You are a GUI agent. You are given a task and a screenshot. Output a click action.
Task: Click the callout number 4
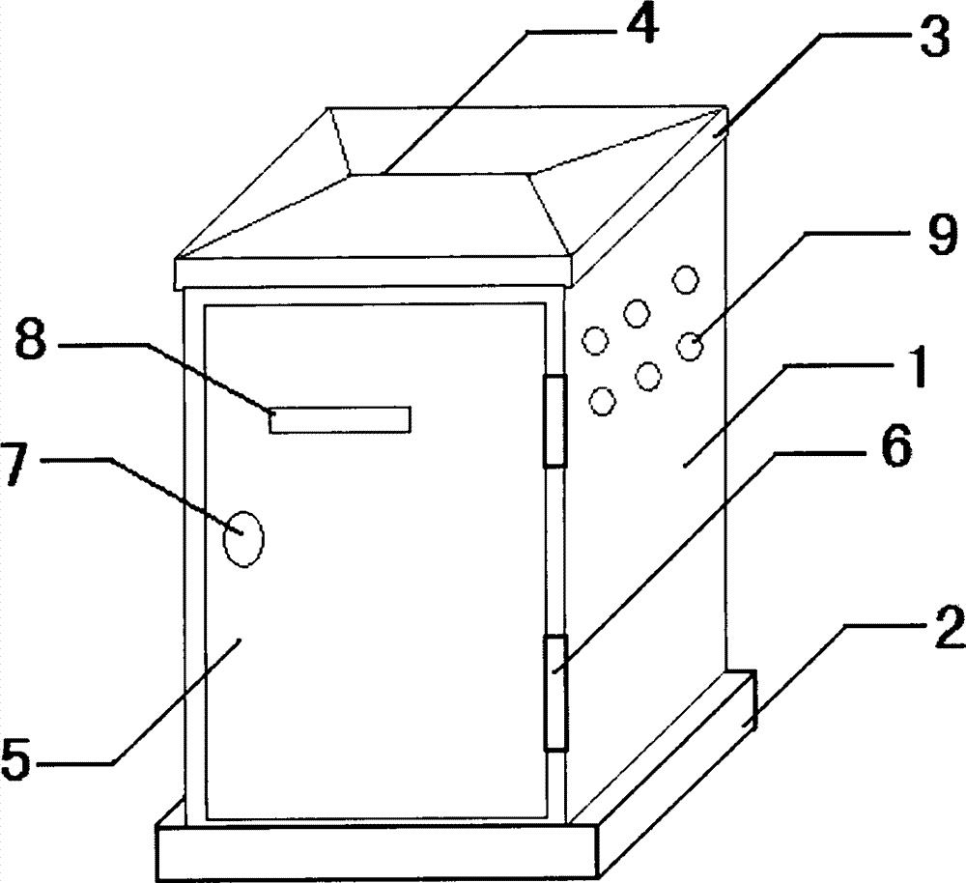click(638, 28)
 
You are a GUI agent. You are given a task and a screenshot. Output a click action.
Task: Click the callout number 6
click(893, 449)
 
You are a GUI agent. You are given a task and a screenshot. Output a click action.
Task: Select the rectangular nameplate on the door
click(340, 420)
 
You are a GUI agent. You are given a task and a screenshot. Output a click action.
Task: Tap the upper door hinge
click(554, 422)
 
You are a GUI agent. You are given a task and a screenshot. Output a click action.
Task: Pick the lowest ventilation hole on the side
click(602, 399)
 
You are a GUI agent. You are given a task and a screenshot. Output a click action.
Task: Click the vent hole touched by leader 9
click(689, 345)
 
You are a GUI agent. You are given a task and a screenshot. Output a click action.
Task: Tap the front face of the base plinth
click(377, 848)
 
